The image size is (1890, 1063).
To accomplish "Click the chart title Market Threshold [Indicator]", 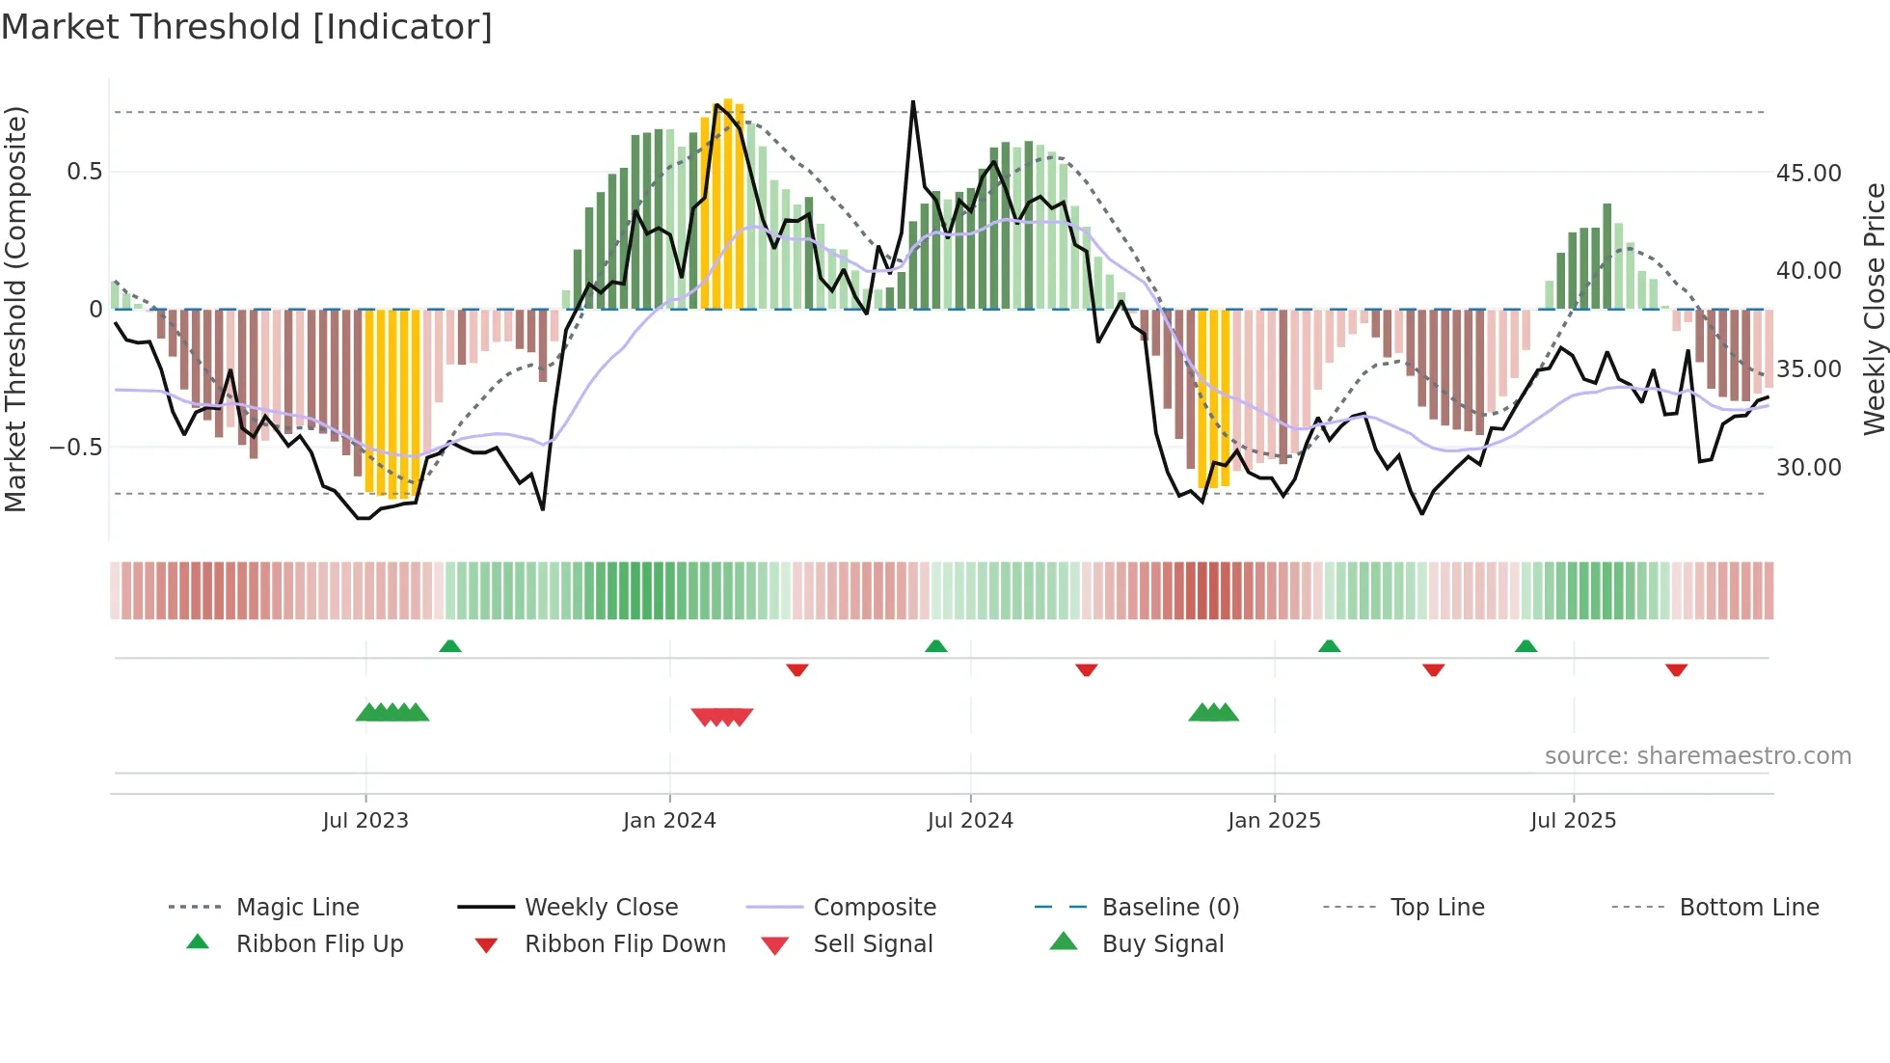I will click(x=247, y=27).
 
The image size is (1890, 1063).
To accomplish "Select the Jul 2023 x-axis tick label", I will click(x=365, y=821).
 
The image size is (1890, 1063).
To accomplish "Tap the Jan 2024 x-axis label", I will click(x=669, y=821).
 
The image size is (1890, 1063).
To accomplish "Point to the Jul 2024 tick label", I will click(x=970, y=821).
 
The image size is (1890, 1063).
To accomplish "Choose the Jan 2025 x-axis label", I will click(x=1274, y=821).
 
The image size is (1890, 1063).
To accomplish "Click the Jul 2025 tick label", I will click(x=1573, y=821).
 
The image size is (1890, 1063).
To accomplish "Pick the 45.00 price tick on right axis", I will click(x=1808, y=174).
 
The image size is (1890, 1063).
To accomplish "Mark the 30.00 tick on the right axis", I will click(x=1808, y=468).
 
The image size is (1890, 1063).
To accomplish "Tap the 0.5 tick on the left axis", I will click(x=84, y=172).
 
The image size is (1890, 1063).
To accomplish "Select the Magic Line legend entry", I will click(x=297, y=908).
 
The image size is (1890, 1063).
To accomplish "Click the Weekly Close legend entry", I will click(x=601, y=908).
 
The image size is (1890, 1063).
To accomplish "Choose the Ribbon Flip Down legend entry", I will click(x=625, y=944).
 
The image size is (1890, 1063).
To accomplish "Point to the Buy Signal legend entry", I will click(x=1162, y=944).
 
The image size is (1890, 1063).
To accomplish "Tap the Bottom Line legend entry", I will click(x=1748, y=908).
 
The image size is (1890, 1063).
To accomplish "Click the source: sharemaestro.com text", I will click(x=1697, y=756).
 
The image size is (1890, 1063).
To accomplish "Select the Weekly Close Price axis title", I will click(x=1874, y=309).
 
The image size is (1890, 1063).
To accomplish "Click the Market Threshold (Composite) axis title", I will click(x=15, y=309).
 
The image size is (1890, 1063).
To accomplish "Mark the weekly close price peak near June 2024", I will click(x=913, y=101).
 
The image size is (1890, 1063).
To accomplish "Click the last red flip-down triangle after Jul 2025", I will click(x=1676, y=669).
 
